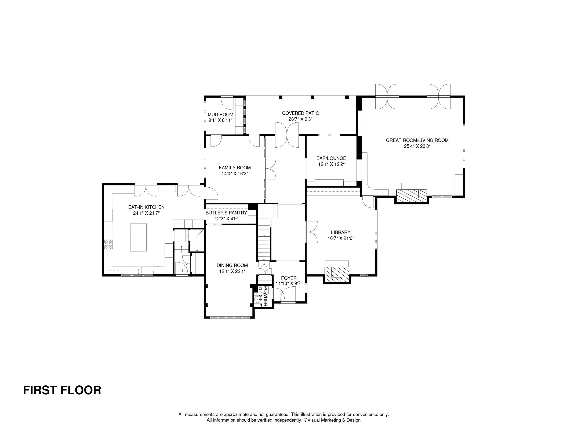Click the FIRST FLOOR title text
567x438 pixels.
tap(62, 390)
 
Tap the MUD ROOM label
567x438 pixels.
tap(220, 115)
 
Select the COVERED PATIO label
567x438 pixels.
tap(300, 113)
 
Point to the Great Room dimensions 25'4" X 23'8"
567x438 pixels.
tap(417, 146)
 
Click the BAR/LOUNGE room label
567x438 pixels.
tap(331, 158)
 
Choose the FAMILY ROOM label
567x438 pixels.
tap(235, 168)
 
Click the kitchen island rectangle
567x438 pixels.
tap(139, 237)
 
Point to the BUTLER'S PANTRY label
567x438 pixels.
tap(226, 213)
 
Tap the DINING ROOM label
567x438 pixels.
tap(232, 265)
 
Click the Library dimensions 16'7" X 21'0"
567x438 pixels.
tap(341, 238)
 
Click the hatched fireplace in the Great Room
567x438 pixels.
tap(412, 196)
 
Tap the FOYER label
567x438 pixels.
tap(289, 278)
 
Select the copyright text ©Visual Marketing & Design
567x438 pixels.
tap(332, 420)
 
